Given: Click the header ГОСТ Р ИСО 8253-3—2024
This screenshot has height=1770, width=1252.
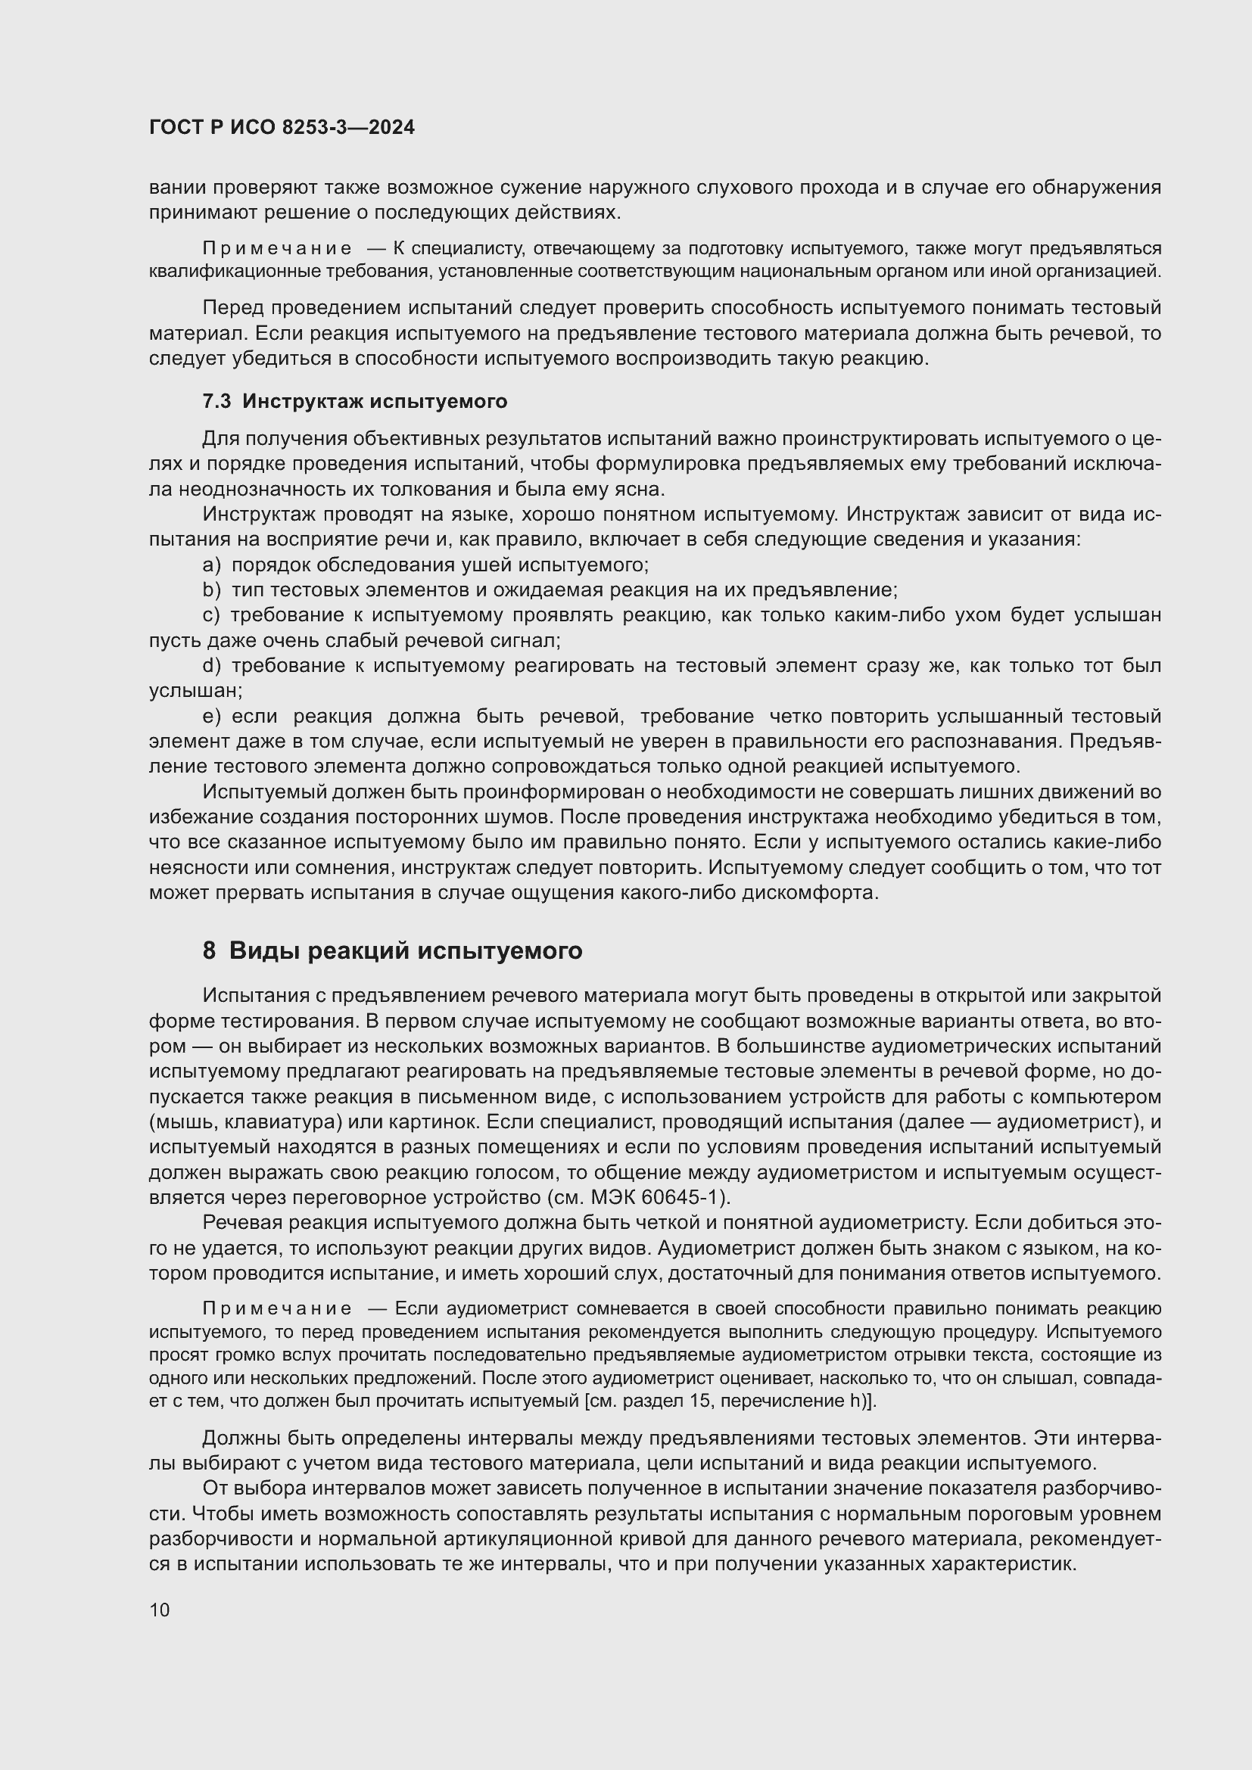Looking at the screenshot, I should click(x=282, y=128).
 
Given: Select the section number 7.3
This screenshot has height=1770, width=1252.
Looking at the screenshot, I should click(x=216, y=401).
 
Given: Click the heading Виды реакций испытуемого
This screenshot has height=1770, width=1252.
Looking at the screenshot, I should click(x=406, y=951).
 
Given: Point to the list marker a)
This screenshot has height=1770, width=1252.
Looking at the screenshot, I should click(x=211, y=565).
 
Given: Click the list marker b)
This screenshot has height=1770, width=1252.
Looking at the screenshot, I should click(x=211, y=590).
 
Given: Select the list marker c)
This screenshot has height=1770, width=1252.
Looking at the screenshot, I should click(x=211, y=615).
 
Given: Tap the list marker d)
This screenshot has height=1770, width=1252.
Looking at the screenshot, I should click(x=211, y=666).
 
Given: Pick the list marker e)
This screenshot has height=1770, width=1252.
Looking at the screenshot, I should click(x=211, y=716).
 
